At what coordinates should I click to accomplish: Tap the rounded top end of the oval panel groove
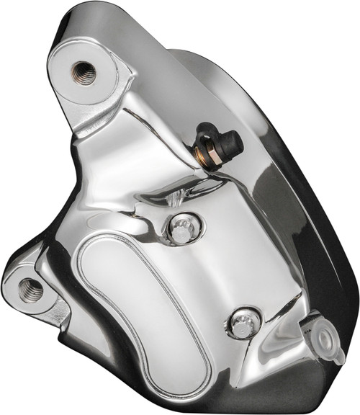101,241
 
